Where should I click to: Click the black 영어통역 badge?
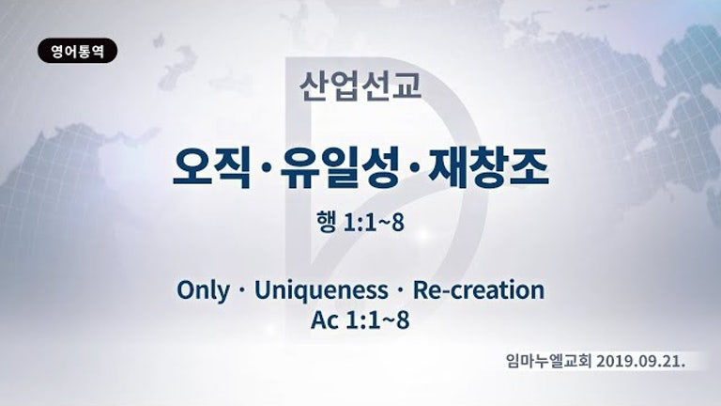point(77,51)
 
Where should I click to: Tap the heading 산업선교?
point(360,86)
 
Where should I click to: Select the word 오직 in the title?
point(211,167)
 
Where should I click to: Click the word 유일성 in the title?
point(339,167)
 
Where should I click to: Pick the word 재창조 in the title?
point(488,167)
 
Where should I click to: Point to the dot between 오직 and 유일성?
point(265,170)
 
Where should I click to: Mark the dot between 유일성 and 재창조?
point(413,170)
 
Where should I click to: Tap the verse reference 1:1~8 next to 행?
point(374,223)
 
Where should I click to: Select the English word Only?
point(203,291)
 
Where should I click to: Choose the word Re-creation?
point(479,290)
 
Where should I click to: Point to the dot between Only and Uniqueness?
point(241,291)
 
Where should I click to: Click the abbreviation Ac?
point(325,320)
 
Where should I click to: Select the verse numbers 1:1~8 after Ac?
point(377,320)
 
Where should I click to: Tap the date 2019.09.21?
point(641,362)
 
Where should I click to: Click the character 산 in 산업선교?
point(314,86)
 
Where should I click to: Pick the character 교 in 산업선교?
point(407,86)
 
